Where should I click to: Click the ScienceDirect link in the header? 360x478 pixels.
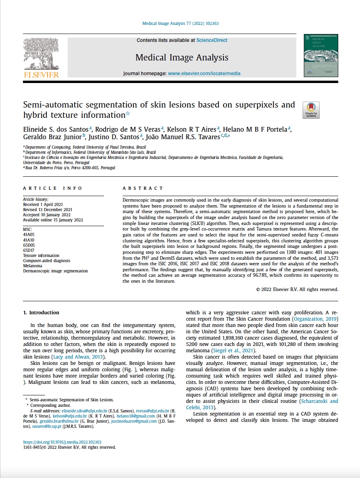pyautogui.click(x=212, y=40)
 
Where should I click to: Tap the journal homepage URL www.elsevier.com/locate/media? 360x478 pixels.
pyautogui.click(x=204, y=74)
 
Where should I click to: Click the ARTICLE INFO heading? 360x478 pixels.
pyautogui.click(x=53, y=188)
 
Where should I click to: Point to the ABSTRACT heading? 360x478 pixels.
pyautogui.click(x=143, y=188)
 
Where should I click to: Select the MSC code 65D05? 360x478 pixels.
pyautogui.click(x=29, y=245)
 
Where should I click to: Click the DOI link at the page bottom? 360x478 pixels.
pyautogui.click(x=62, y=442)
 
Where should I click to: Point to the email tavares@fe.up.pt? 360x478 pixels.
pyautogui.click(x=45, y=427)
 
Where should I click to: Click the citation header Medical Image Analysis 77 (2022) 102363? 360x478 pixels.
pyautogui.click(x=180, y=24)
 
